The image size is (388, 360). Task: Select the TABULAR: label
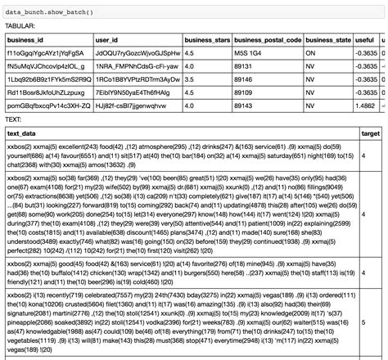[21, 26]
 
